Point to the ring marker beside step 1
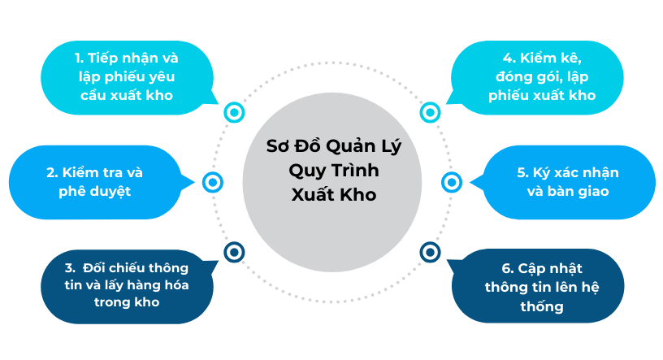(234, 112)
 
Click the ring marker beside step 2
(212, 182)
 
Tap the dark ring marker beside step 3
(234, 252)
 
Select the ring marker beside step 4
(430, 112)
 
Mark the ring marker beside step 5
(452, 182)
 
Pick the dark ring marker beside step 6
(430, 252)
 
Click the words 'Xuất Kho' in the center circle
(333, 195)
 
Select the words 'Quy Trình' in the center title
(334, 171)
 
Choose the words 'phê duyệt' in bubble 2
(95, 192)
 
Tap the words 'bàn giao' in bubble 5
(581, 192)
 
